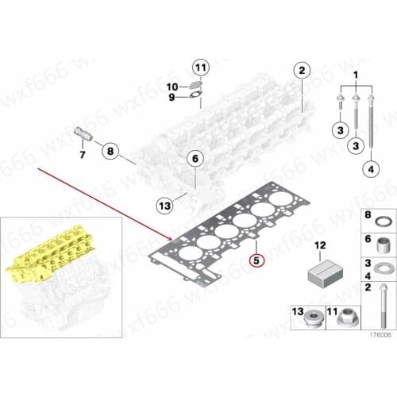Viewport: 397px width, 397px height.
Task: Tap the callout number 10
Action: coord(172,86)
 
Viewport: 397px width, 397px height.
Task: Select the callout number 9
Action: coord(171,97)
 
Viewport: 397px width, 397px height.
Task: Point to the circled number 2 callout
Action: coord(301,71)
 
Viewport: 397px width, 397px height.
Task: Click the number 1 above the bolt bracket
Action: coord(355,75)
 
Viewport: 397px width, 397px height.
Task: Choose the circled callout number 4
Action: coord(369,168)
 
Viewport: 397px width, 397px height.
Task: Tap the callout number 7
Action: coord(80,153)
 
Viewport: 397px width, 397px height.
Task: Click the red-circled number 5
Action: coord(255,259)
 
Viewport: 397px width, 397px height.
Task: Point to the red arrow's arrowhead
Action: coord(176,237)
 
